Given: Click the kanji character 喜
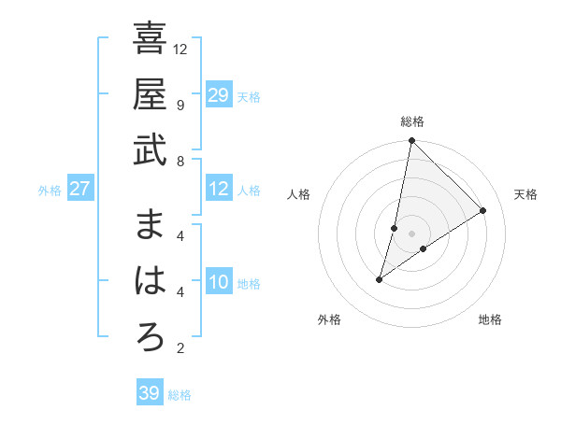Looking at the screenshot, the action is click(150, 39).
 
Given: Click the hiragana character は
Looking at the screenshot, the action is click(150, 281).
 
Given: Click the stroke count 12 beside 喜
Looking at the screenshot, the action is click(181, 49).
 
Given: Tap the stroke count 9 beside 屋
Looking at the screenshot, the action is click(180, 105).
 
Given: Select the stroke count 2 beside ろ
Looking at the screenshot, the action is click(180, 349).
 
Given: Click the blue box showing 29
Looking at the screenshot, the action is click(219, 95).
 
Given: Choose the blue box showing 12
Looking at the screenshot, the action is click(219, 190).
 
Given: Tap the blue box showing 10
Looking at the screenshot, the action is click(219, 283).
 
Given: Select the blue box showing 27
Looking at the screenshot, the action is click(79, 190).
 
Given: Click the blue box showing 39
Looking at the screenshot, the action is click(150, 393).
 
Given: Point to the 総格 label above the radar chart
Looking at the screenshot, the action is click(412, 121).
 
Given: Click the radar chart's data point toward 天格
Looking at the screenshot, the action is click(482, 211).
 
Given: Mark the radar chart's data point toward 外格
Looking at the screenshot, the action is click(380, 279).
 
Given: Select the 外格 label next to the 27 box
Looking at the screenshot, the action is click(50, 191).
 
